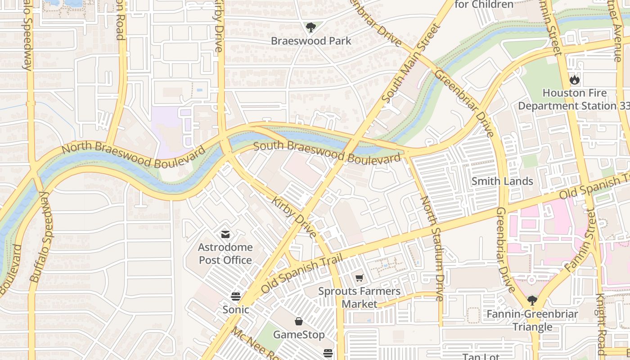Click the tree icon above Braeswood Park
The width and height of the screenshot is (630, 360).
[310, 28]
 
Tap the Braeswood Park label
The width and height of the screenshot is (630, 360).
[311, 41]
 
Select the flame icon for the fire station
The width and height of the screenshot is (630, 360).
[574, 80]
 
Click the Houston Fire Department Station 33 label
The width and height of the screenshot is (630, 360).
[574, 99]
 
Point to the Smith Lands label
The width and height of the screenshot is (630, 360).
[502, 181]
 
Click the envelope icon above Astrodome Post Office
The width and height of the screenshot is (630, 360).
[225, 234]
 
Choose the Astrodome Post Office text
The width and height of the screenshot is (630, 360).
[225, 254]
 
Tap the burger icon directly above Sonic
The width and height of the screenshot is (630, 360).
[235, 296]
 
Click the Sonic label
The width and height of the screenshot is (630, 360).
[236, 310]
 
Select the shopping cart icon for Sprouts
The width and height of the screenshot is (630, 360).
[359, 278]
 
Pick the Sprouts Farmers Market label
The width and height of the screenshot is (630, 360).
[359, 297]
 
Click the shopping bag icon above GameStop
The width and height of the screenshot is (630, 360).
[298, 321]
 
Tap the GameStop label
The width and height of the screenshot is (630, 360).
[299, 335]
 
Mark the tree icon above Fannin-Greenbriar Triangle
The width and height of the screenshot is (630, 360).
[532, 300]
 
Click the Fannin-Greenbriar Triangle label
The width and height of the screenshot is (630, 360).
[532, 320]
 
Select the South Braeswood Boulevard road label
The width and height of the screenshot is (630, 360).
[327, 152]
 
